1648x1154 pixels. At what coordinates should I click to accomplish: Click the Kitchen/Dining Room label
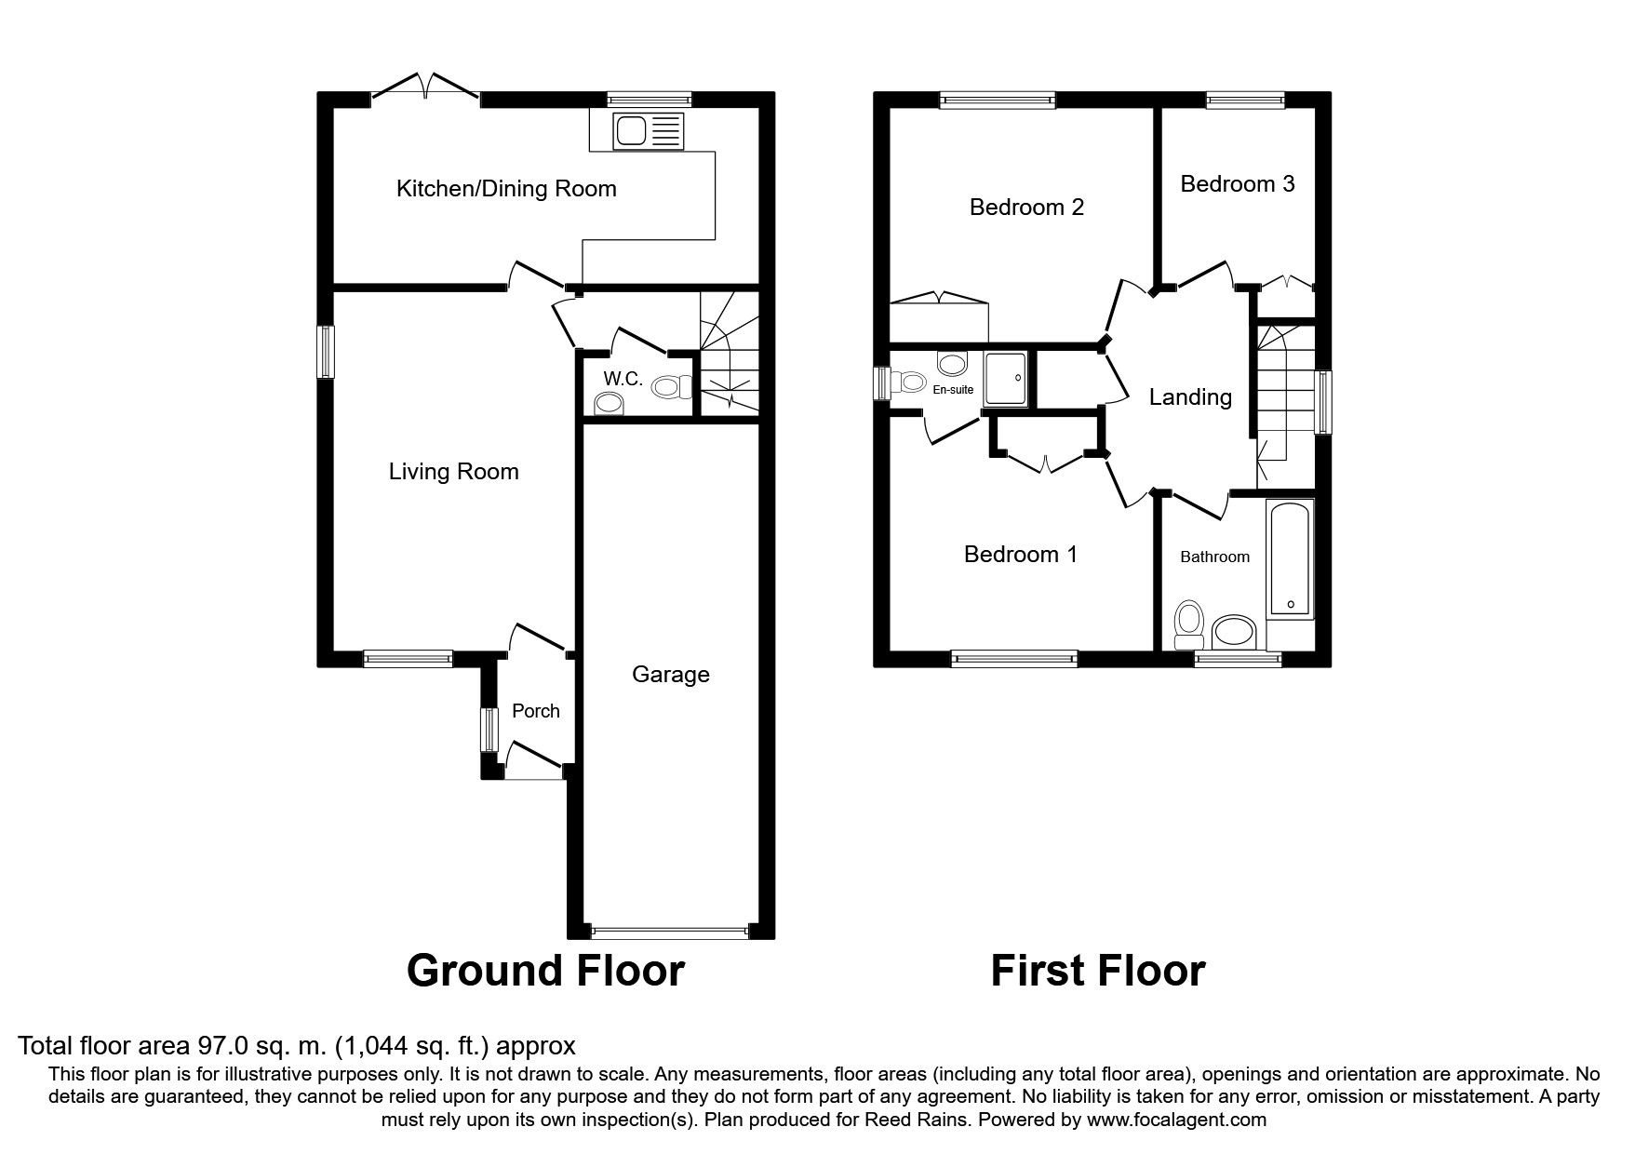coord(506,189)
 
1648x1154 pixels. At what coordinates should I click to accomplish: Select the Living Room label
coord(453,472)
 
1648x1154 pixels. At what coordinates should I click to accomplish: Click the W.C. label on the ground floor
coord(623,379)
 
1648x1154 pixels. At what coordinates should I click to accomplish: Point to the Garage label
coord(670,675)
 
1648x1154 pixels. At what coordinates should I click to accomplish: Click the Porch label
coord(536,711)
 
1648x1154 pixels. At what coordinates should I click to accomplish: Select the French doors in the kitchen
coord(425,89)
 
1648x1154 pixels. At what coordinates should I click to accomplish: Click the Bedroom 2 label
coord(1026,207)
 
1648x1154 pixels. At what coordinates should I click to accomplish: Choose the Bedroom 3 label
coord(1237,184)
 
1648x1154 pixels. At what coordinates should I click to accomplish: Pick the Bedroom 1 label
coord(1021,555)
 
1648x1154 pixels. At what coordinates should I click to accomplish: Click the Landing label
coord(1190,397)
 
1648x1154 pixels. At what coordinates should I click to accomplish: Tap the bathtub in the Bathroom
coord(1290,558)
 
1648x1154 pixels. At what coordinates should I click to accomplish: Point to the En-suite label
coord(953,390)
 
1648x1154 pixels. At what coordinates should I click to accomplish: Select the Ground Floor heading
coord(545,971)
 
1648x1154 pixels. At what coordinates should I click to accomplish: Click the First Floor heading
coord(1097,971)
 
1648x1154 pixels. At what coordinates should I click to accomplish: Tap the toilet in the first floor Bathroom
coord(1188,624)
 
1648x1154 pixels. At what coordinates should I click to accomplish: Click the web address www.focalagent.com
coord(1176,1120)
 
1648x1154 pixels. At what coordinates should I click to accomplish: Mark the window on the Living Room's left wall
coord(326,352)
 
